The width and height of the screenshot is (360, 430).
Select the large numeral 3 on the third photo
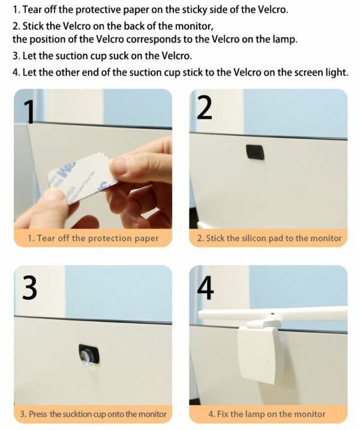click(29, 287)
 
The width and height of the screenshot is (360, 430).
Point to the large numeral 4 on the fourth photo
click(206, 288)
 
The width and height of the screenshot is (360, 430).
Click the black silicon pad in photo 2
click(255, 152)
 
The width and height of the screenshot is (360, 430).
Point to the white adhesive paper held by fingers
click(82, 179)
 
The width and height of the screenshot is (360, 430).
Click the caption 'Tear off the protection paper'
click(93, 238)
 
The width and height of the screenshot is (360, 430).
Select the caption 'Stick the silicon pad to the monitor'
click(269, 238)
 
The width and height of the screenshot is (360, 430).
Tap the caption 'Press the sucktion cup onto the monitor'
click(93, 414)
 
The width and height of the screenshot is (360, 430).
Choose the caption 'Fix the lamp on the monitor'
click(267, 414)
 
